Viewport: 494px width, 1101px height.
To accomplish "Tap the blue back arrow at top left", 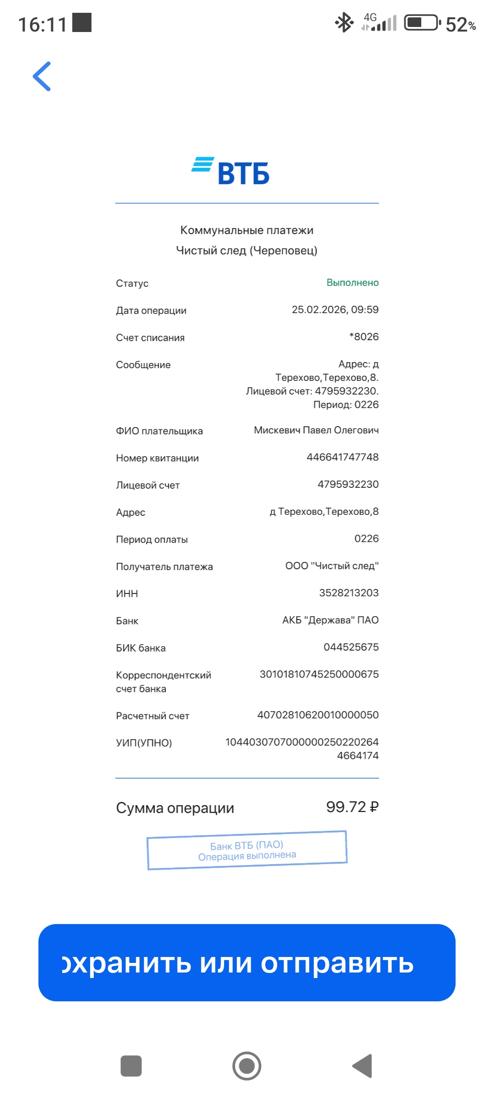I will [x=42, y=76].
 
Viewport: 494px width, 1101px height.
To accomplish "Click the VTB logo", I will [x=231, y=171].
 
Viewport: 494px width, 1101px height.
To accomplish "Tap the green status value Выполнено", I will [x=352, y=283].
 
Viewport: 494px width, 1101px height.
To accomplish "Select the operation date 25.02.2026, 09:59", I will [x=335, y=310].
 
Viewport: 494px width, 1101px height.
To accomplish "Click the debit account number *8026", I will [x=364, y=337].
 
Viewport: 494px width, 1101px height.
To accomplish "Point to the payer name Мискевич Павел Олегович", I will [x=316, y=430].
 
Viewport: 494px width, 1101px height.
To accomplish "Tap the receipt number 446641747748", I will [x=342, y=457].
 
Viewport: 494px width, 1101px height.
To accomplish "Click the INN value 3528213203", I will [x=349, y=593].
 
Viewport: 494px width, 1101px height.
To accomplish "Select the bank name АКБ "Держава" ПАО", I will [x=330, y=620].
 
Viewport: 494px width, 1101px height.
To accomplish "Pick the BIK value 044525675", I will [x=351, y=647].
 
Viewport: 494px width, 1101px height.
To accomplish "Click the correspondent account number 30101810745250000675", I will [x=319, y=674].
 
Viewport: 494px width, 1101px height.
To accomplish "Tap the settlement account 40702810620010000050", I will [x=318, y=715].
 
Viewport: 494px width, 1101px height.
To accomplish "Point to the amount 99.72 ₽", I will [x=352, y=807].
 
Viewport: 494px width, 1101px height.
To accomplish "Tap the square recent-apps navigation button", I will [x=131, y=1066].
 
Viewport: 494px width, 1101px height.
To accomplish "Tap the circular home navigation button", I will [x=247, y=1066].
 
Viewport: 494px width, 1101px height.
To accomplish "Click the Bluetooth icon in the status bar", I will [x=344, y=22].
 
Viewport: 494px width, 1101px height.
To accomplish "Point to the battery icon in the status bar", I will [x=422, y=22].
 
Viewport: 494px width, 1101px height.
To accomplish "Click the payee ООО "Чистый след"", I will [x=332, y=566].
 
